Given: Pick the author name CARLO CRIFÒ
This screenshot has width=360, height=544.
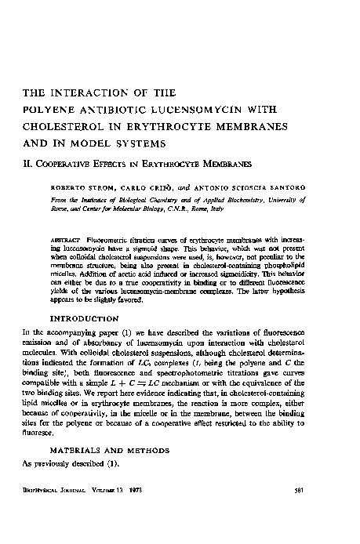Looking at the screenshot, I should point(144,188).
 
